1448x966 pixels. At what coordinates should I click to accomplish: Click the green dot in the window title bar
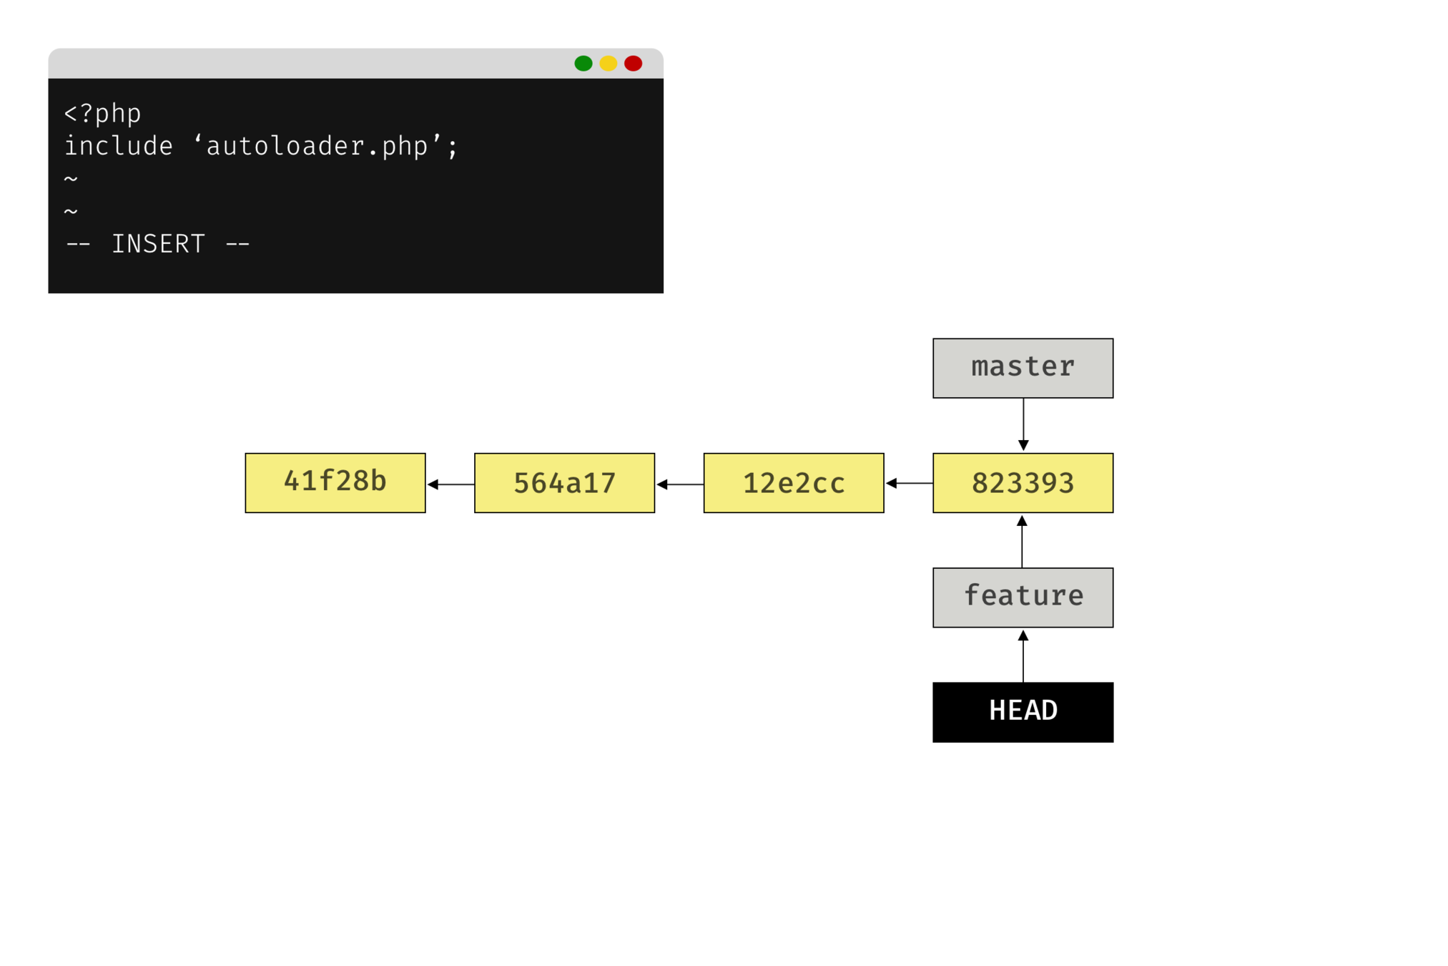(x=583, y=64)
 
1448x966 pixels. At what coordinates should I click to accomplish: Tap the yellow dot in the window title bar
(x=608, y=64)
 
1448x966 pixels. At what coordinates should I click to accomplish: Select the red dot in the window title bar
(x=633, y=64)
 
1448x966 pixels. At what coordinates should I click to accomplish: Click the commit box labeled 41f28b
(x=335, y=482)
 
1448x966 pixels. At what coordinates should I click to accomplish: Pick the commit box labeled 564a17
(x=564, y=482)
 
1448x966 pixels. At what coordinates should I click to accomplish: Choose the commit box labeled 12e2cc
(x=794, y=482)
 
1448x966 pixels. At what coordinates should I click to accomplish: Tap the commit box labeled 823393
(x=1023, y=482)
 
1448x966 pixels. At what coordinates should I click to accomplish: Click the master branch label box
(x=1023, y=368)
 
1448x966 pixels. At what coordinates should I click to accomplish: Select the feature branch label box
(x=1023, y=597)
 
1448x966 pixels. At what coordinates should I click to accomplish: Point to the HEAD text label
(x=1023, y=711)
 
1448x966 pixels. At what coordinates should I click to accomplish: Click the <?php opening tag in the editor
(x=103, y=114)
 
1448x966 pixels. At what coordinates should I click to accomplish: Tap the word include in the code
(x=119, y=147)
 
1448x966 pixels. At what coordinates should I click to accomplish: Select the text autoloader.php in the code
(x=317, y=147)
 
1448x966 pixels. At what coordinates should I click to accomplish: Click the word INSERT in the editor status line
(x=158, y=244)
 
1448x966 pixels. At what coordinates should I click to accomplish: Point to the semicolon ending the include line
(x=452, y=148)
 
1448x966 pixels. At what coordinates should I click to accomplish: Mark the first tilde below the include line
(x=71, y=179)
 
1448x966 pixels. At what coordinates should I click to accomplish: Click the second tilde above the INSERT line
(x=71, y=212)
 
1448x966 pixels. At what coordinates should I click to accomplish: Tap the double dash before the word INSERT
(x=78, y=244)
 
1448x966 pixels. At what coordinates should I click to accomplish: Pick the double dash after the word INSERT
(x=237, y=244)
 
